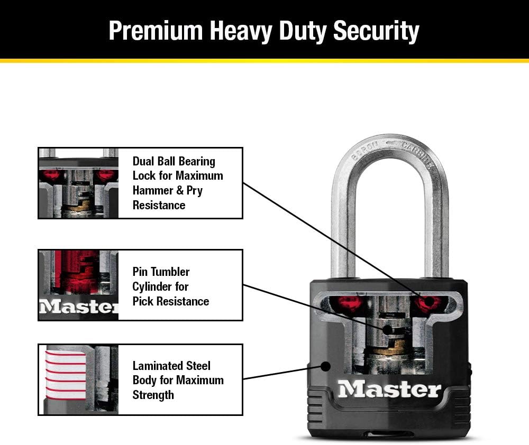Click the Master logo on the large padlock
389,390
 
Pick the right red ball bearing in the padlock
427,303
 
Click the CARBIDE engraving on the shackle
418,154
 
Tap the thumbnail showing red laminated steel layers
78,379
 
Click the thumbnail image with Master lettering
78,285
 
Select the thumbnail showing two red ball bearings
78,183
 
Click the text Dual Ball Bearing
174,161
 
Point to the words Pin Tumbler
161,272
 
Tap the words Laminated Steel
171,366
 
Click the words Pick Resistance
170,301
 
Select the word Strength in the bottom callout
153,395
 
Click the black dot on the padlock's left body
325,366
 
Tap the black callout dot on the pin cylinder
388,330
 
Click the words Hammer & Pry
167,190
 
